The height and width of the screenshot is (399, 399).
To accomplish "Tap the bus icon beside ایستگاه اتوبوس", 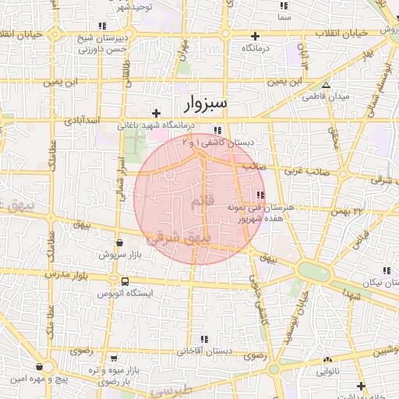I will [124, 281].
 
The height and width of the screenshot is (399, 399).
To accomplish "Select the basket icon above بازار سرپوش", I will [118, 243].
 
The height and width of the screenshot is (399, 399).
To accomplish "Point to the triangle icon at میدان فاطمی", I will [326, 86].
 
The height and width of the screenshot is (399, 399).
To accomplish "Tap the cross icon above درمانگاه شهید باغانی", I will [156, 113].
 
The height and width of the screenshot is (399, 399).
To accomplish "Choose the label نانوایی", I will [327, 373].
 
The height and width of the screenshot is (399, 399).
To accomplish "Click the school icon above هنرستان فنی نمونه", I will [260, 195].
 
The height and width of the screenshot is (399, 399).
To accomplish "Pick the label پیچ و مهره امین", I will [40, 380].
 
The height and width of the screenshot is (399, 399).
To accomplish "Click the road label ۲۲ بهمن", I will [347, 210].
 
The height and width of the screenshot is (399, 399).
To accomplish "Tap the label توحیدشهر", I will [135, 5].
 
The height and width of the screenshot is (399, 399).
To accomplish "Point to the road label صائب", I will [256, 165].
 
